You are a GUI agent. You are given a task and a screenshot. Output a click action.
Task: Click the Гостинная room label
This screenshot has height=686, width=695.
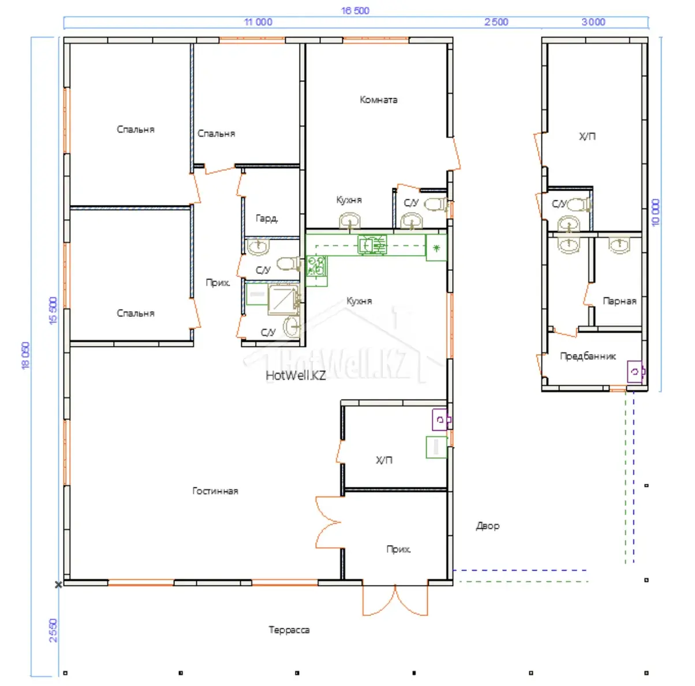coord(215,491)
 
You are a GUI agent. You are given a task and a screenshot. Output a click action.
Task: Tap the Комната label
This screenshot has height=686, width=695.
coord(378,99)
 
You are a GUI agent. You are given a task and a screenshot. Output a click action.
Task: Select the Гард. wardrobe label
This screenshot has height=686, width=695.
coord(267,218)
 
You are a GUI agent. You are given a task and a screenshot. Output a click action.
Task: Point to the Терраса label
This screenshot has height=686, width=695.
coord(289,630)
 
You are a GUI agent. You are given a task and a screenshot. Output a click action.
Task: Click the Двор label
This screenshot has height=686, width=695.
coord(488,526)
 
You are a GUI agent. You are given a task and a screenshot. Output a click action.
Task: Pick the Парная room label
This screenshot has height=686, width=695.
coord(619,301)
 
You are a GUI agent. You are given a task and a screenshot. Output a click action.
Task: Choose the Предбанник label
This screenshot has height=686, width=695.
coord(588,356)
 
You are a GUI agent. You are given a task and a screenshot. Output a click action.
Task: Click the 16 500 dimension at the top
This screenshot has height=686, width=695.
coord(355,10)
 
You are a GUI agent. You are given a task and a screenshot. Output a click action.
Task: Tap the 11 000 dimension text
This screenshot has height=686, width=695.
coord(258,22)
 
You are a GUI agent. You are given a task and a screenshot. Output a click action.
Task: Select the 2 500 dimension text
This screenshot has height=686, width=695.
coord(496,22)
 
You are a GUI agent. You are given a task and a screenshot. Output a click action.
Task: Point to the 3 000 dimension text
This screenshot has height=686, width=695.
coord(593,22)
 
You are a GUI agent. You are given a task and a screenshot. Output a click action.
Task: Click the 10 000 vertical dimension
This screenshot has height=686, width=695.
coord(655,212)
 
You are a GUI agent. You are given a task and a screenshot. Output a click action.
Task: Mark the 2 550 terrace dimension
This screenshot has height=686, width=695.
coord(53,631)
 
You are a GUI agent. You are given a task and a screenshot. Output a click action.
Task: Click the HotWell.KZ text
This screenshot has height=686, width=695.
coord(296,376)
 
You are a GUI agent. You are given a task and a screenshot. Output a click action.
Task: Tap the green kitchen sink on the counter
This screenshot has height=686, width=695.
coord(372,245)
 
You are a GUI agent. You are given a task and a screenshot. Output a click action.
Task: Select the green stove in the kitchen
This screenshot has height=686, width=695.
coord(316,266)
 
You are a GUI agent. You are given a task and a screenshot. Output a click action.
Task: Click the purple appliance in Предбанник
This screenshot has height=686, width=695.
coord(636,371)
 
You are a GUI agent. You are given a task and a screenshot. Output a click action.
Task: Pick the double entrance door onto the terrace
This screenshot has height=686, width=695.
coord(395,599)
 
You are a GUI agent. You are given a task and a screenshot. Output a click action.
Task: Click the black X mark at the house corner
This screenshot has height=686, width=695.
coord(58,584)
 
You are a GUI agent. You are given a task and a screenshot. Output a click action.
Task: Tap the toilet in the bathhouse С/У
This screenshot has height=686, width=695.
coord(579,204)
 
